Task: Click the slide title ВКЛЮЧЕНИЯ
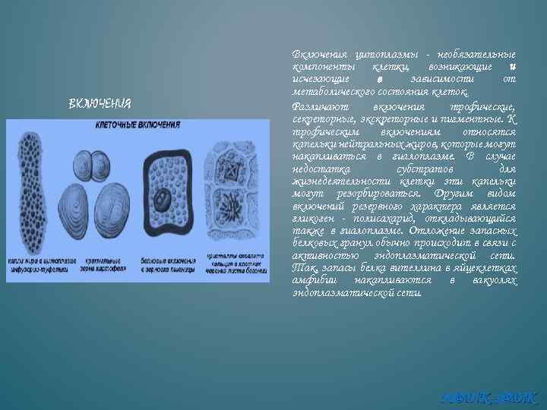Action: tap(100, 102)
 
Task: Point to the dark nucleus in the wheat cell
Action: tap(163, 200)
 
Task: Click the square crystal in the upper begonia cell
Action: tap(229, 165)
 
